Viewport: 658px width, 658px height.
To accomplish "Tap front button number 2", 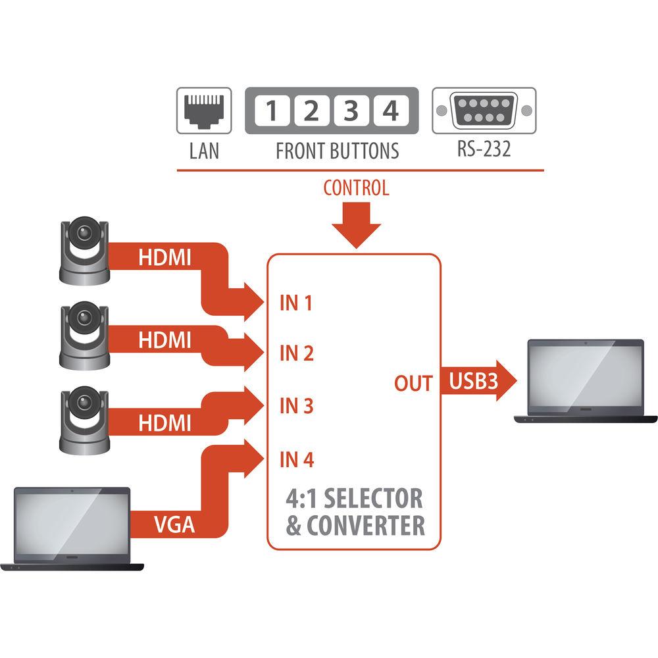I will (x=311, y=111).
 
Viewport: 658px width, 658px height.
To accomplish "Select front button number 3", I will (x=351, y=111).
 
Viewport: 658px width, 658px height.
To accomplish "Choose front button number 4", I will (x=391, y=111).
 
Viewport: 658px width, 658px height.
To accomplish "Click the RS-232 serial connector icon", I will (x=484, y=109).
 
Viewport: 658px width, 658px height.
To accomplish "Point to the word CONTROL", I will (x=356, y=188).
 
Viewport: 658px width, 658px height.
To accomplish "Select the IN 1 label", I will (x=296, y=303).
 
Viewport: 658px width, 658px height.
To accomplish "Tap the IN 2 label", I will (x=296, y=354).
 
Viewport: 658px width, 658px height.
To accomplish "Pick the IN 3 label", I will (x=296, y=406).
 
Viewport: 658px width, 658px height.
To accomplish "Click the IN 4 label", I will (x=296, y=459).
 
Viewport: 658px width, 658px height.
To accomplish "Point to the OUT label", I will (x=413, y=383).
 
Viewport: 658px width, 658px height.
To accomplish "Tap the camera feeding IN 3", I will (x=85, y=419).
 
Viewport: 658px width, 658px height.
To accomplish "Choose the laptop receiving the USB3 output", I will (x=586, y=380).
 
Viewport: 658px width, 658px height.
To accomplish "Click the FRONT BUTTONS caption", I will (x=337, y=151).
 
